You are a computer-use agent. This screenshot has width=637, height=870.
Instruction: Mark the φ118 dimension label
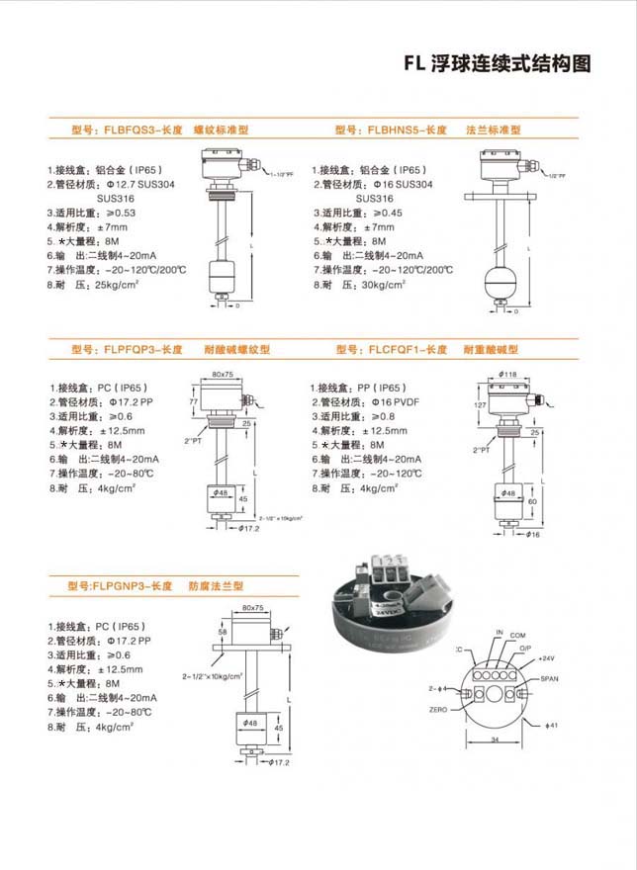pyautogui.click(x=508, y=374)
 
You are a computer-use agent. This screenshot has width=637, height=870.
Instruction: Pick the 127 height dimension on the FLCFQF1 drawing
pyautogui.click(x=479, y=404)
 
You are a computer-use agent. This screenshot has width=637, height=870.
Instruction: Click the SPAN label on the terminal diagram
pyautogui.click(x=550, y=680)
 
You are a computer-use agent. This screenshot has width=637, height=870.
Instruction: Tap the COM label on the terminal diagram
pyautogui.click(x=517, y=634)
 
